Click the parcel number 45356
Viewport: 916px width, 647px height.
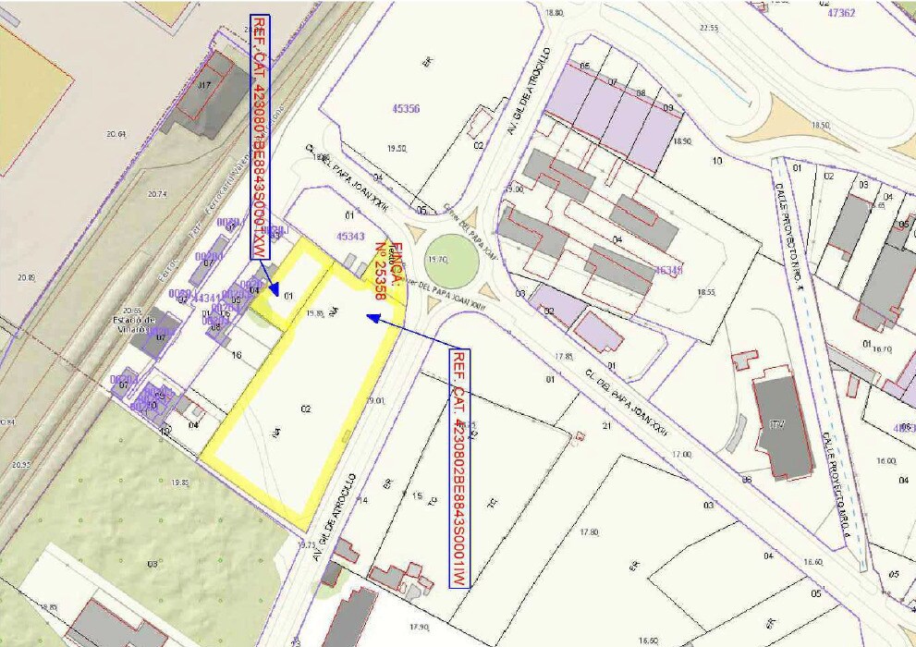(406, 109)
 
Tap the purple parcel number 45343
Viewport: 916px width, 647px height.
(350, 237)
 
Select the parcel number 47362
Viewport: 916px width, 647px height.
(841, 13)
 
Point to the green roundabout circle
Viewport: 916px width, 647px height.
(453, 260)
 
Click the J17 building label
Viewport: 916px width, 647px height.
(204, 84)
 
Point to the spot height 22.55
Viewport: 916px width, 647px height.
(709, 29)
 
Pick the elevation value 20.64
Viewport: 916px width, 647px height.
(116, 135)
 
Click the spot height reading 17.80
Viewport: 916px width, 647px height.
(589, 532)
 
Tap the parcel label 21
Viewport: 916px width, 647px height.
(607, 426)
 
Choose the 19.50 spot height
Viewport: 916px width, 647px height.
(397, 148)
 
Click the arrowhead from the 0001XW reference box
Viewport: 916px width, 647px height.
(273, 288)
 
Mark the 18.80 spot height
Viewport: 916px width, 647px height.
(555, 13)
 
